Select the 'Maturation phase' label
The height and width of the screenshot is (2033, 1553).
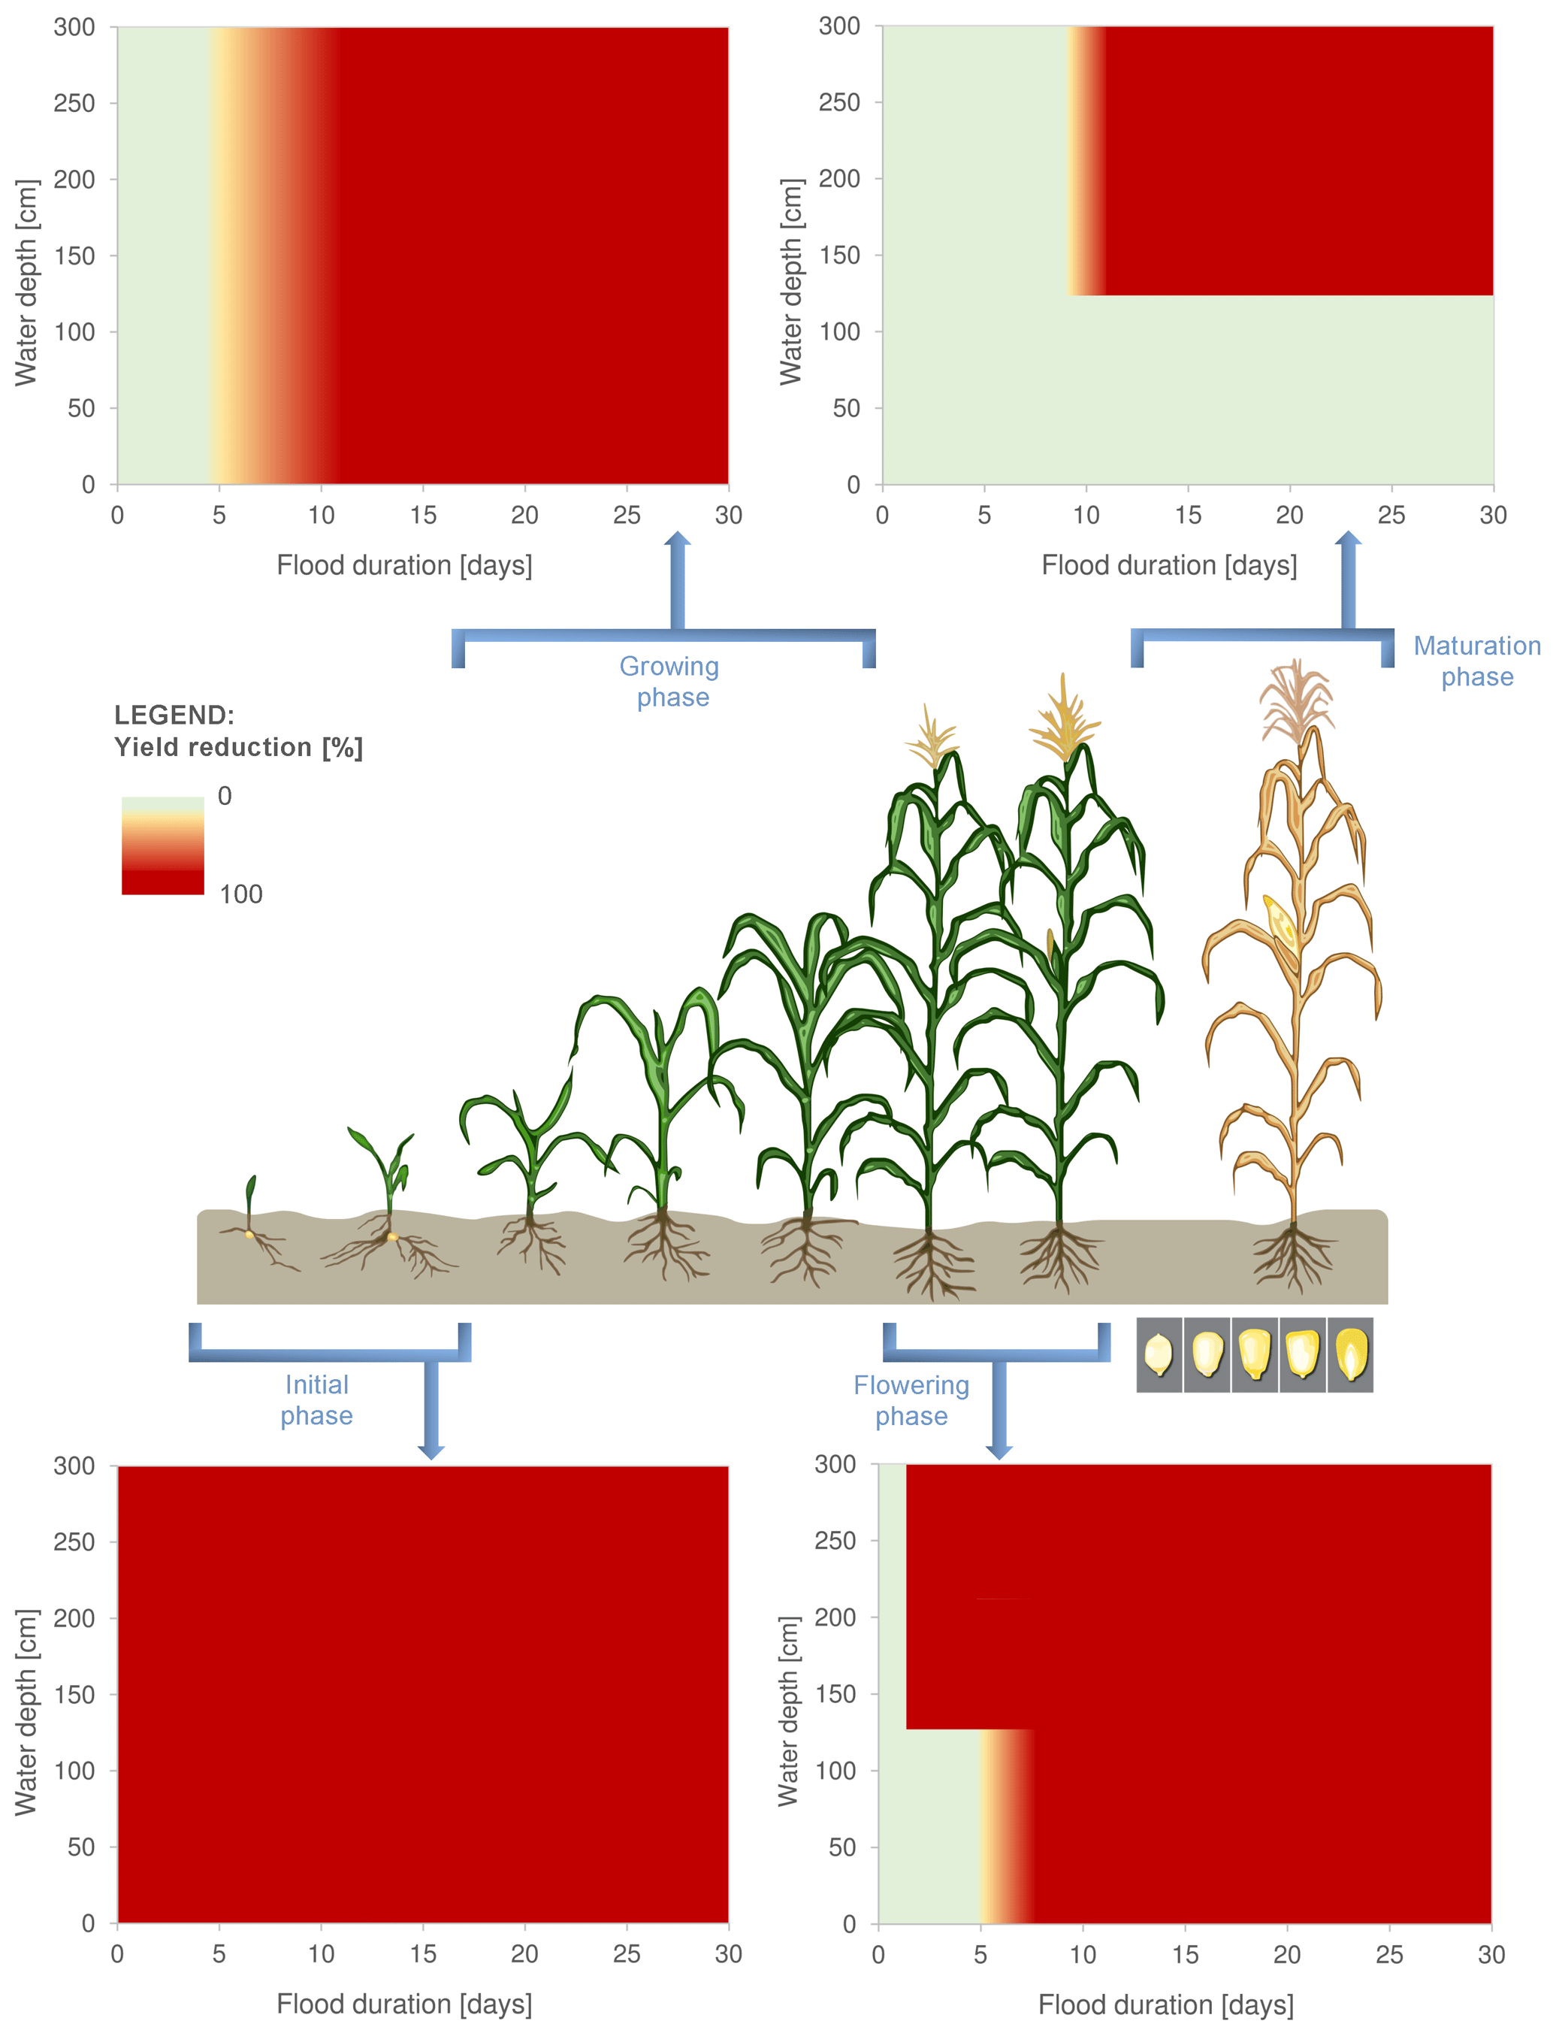coord(1476,661)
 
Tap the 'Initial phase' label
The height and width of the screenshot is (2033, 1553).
coord(316,1399)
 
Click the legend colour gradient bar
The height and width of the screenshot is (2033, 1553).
coord(163,845)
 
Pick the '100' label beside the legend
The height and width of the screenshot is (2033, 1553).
coord(240,894)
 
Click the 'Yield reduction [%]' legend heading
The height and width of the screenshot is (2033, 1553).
coord(238,747)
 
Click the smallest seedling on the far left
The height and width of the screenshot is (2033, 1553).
coord(249,1211)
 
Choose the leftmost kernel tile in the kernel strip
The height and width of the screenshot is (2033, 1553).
coord(1159,1355)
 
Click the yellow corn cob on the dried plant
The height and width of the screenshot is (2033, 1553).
coord(1283,923)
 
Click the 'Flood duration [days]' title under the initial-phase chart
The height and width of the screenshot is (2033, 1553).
coord(404,2004)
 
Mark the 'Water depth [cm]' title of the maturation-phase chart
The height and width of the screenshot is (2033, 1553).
coord(790,282)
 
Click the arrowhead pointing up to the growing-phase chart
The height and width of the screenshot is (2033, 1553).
coord(678,541)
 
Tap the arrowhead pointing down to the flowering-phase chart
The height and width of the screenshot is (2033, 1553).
coord(999,1451)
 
